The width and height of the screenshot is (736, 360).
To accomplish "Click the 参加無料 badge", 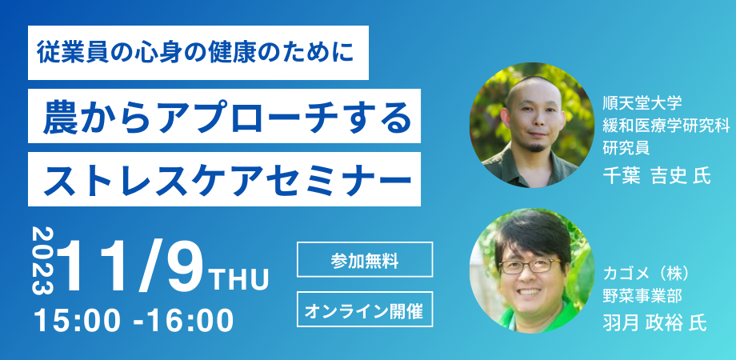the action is click(365, 259).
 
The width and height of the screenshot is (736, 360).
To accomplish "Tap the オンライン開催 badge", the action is click(365, 309).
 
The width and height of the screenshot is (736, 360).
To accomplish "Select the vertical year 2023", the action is click(42, 261).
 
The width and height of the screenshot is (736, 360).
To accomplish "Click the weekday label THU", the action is click(240, 280).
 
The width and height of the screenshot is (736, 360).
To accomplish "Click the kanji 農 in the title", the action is click(60, 116).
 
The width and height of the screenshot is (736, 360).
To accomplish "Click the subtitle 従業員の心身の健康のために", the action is click(194, 53).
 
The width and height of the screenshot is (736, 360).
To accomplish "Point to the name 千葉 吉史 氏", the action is click(656, 176).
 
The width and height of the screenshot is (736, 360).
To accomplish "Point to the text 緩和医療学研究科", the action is click(666, 126).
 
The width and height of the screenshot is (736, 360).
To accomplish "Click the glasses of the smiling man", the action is click(530, 266).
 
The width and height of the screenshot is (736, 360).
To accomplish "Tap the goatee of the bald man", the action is click(536, 146).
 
